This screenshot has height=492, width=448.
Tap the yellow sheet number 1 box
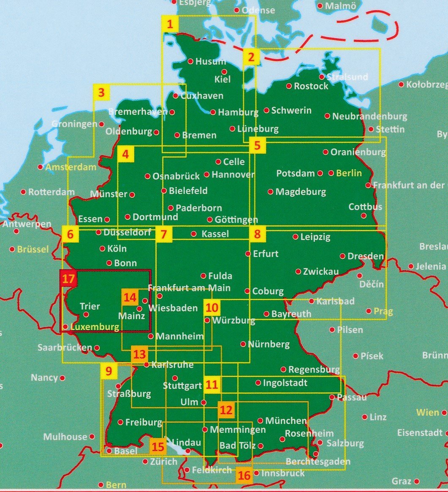(170, 25)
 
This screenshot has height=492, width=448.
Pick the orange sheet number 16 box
(244, 475)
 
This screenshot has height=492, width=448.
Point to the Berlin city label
(349, 173)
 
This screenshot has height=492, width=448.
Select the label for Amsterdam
(71, 167)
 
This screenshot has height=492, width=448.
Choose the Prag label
(383, 312)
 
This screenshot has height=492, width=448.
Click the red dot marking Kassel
(194, 234)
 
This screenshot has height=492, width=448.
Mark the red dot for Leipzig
(296, 237)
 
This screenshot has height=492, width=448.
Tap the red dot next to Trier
(86, 314)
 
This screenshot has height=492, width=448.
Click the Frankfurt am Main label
(189, 288)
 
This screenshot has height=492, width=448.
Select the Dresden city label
(366, 256)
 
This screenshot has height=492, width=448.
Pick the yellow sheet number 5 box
(258, 146)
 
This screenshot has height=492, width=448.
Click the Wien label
(428, 412)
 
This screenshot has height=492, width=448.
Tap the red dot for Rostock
(289, 86)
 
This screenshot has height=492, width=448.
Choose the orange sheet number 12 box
(226, 410)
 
